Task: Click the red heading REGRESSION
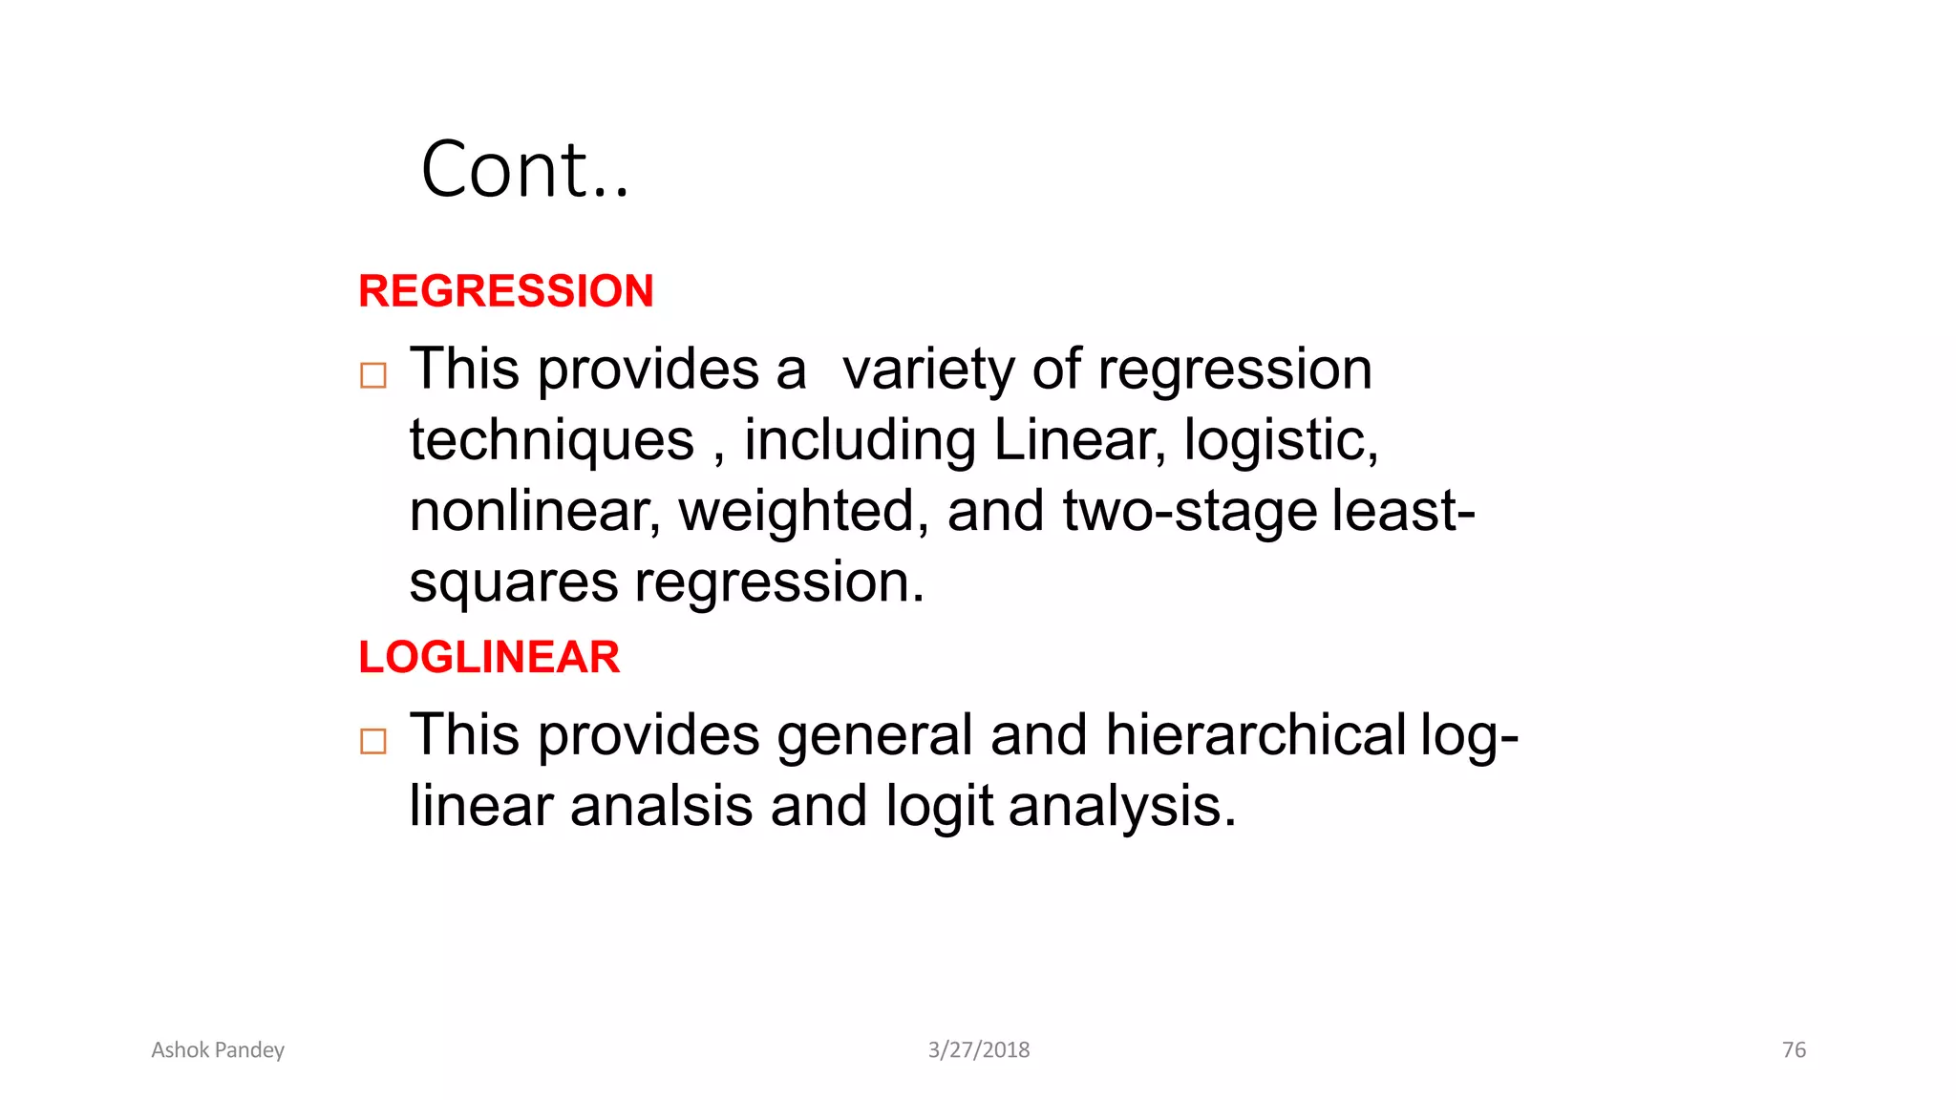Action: click(x=505, y=291)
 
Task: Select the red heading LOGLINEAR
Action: click(x=488, y=658)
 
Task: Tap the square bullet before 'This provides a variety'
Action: click(x=373, y=375)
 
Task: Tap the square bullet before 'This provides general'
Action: click(x=373, y=742)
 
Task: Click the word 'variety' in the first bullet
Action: click(x=927, y=370)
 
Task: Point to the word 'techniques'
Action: click(x=551, y=441)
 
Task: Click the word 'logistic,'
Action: click(x=1281, y=441)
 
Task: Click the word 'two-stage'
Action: click(x=1190, y=512)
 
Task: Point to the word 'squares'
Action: click(x=513, y=582)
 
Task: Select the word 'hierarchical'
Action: click(x=1255, y=735)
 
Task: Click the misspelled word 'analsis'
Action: click(x=661, y=807)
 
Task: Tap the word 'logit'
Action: click(x=939, y=807)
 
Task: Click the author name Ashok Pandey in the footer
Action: click(x=218, y=1050)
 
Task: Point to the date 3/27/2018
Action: click(x=979, y=1050)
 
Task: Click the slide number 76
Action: click(x=1794, y=1050)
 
